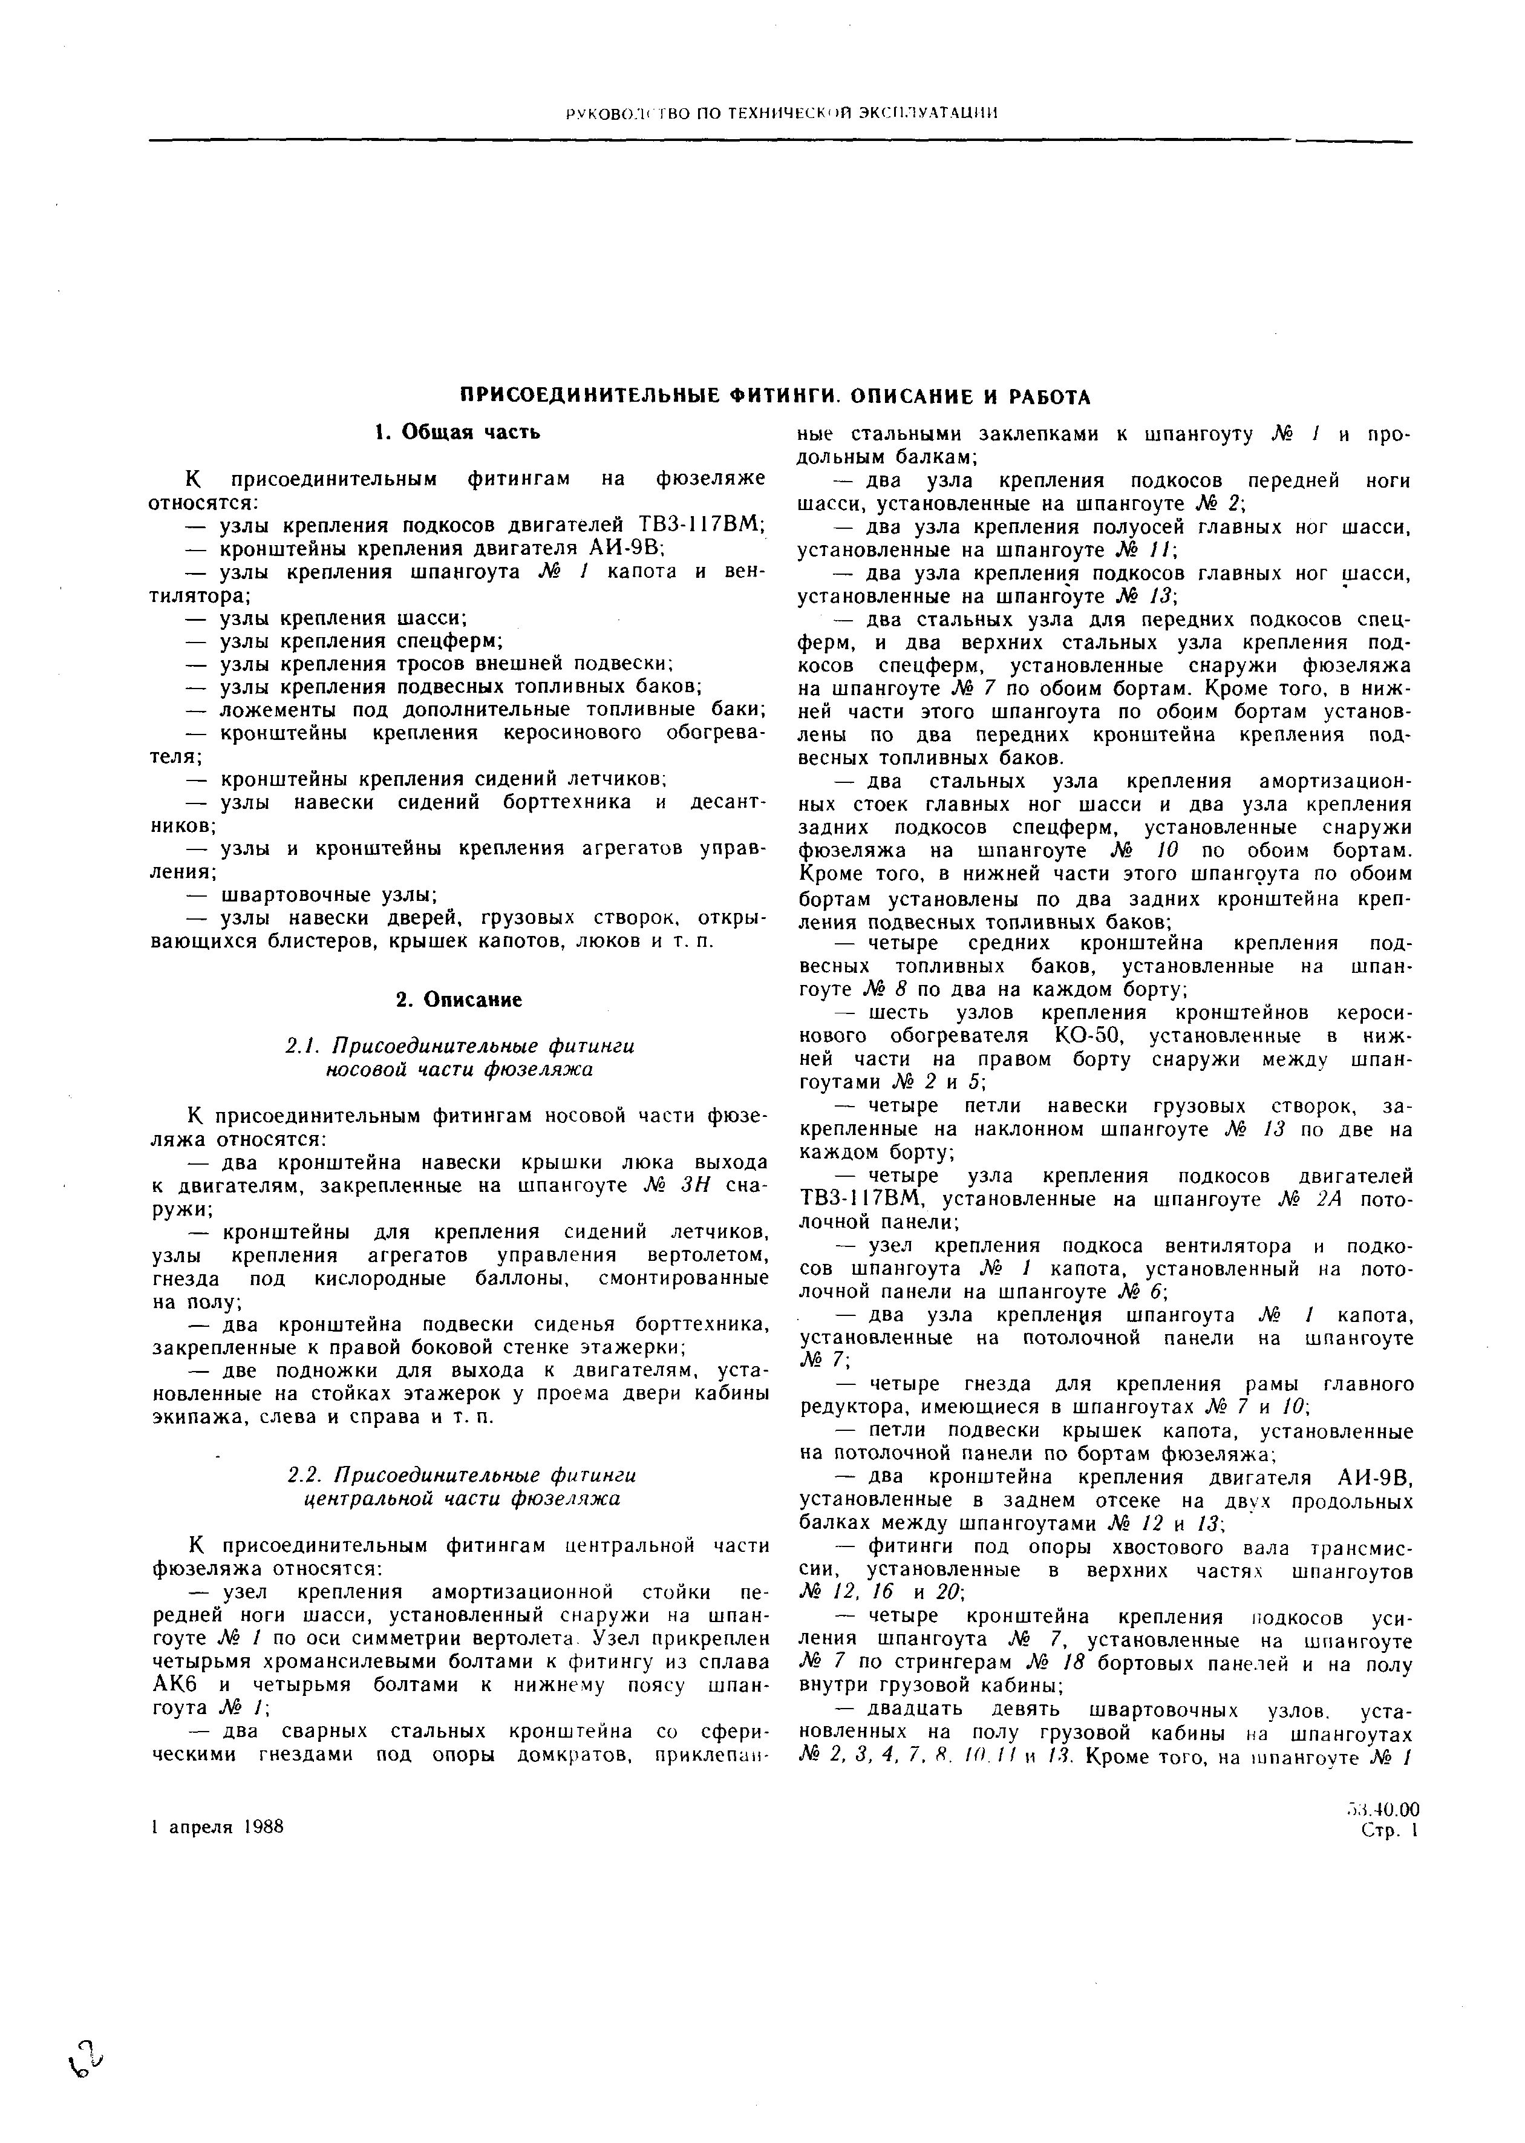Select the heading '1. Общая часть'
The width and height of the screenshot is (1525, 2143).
(457, 432)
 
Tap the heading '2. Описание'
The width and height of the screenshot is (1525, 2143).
(459, 1000)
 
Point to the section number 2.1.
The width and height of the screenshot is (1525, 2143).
(303, 1046)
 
